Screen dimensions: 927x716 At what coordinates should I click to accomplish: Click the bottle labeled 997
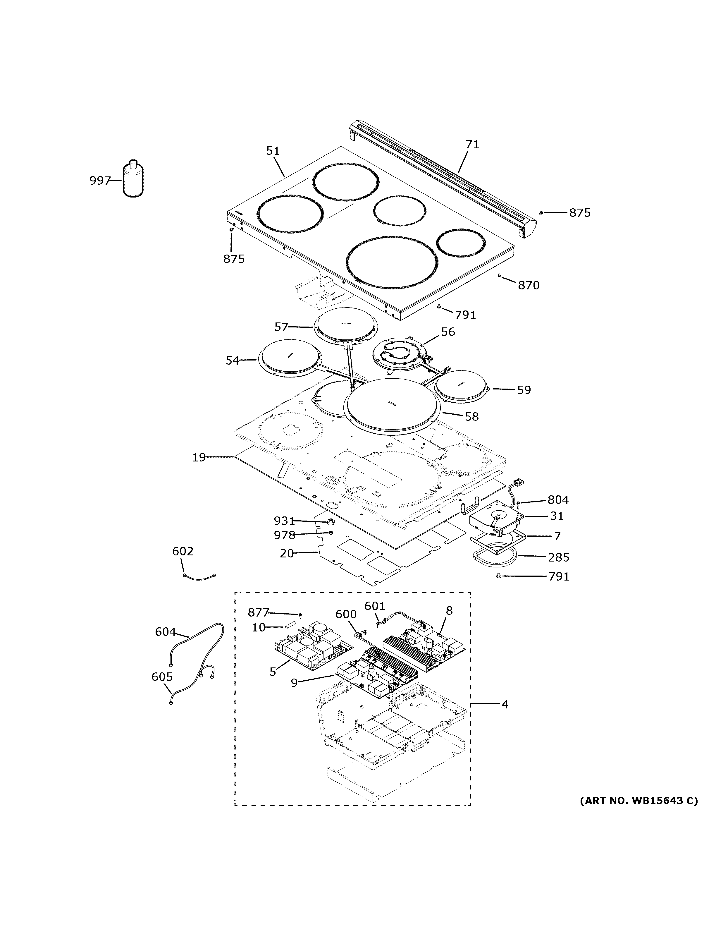coord(133,180)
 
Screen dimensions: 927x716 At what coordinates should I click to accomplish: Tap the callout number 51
coord(273,151)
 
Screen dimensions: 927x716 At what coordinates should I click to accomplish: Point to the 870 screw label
coord(529,286)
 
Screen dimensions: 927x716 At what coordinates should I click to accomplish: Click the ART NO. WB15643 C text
coord(638,801)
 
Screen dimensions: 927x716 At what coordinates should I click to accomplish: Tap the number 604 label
coord(165,632)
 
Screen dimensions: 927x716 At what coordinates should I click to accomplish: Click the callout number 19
coord(199,458)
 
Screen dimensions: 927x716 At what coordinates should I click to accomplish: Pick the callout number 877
coord(258,612)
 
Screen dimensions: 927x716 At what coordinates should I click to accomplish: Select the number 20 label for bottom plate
coord(287,554)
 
